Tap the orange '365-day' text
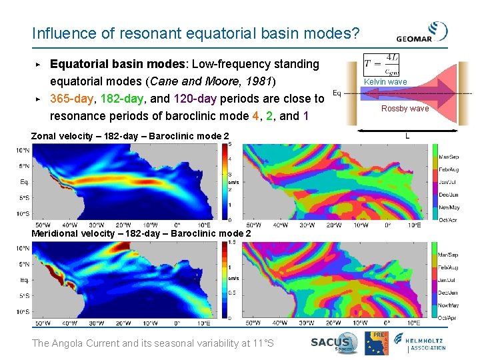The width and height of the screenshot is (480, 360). (73, 99)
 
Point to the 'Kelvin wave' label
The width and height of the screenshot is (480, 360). (385, 82)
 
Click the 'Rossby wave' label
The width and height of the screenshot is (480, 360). (405, 109)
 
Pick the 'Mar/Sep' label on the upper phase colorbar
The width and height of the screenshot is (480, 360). (449, 157)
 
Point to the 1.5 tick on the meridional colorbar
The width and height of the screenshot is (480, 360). (232, 243)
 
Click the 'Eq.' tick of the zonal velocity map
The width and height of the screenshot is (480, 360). (24, 181)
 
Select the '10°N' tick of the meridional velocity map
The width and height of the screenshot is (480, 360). (23, 248)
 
